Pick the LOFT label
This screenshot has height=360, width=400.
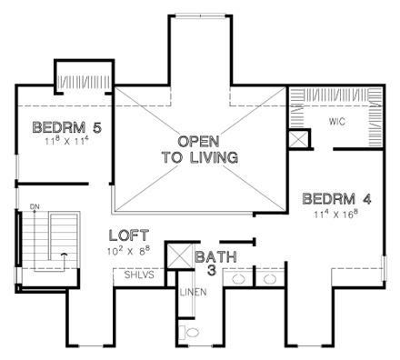[128, 234]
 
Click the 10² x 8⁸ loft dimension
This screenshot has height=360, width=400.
[130, 248]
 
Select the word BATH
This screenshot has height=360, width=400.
[215, 257]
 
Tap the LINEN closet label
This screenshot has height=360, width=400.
[187, 293]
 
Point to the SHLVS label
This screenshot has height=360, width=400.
[129, 276]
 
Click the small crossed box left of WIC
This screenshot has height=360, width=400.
[296, 139]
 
